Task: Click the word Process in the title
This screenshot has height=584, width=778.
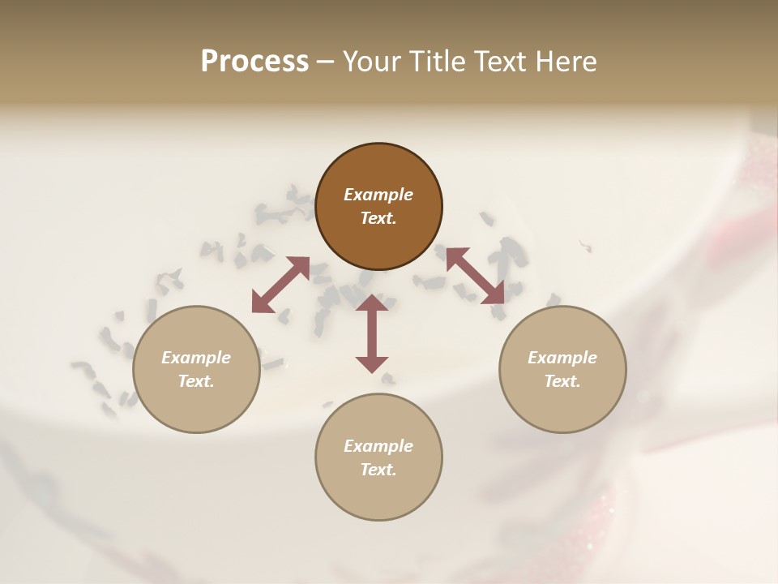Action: [x=254, y=62]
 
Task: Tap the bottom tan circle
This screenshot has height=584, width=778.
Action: [x=378, y=495]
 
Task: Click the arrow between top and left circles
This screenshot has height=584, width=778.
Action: [x=280, y=285]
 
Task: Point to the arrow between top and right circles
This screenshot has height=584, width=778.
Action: [x=475, y=276]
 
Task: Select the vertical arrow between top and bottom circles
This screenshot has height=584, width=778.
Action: [x=372, y=333]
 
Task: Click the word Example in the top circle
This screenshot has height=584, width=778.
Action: [x=378, y=195]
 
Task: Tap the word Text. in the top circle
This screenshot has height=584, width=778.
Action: [x=378, y=218]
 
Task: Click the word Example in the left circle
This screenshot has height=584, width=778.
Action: [x=196, y=358]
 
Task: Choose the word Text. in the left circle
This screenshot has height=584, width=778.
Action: [x=196, y=381]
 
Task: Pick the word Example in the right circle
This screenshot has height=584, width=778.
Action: [x=562, y=358]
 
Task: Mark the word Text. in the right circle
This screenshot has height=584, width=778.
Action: [x=562, y=381]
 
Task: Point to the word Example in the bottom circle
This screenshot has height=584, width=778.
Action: [x=378, y=446]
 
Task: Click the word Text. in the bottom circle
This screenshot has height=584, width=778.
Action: [x=378, y=470]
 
